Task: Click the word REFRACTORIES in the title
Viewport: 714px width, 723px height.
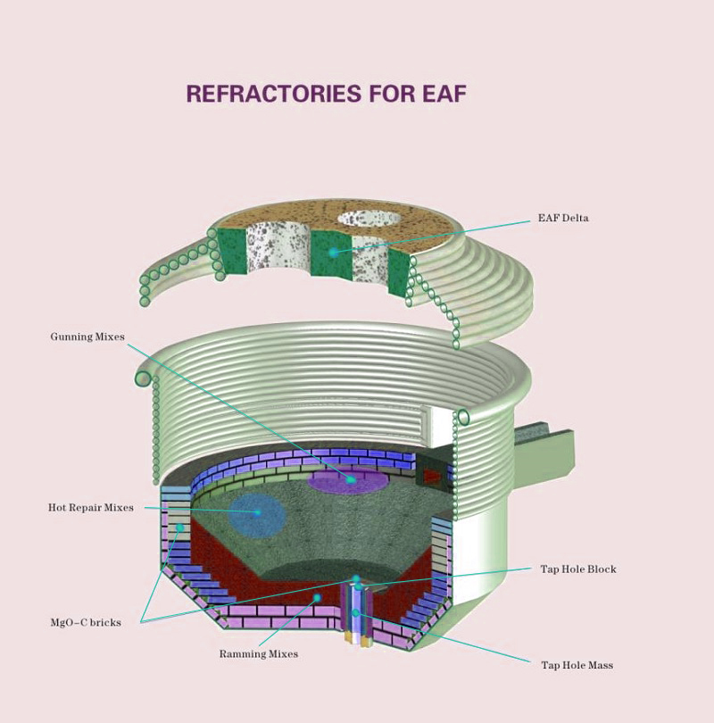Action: [x=274, y=94]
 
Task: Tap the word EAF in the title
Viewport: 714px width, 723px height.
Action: [x=444, y=94]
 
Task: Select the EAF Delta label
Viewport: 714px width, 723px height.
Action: [x=563, y=218]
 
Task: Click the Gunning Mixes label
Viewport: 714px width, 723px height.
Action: [x=87, y=337]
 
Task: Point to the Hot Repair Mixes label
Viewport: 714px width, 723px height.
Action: [x=91, y=508]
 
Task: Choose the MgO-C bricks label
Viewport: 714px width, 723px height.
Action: [x=86, y=622]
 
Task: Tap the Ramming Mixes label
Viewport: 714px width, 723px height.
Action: [x=259, y=654]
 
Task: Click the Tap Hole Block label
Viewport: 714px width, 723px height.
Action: [x=578, y=569]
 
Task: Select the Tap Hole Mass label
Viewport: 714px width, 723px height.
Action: [x=577, y=665]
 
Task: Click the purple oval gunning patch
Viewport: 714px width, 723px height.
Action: [x=348, y=481]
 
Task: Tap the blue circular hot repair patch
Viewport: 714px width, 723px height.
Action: [x=257, y=514]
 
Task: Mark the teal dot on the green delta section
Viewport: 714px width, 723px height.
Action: [x=333, y=253]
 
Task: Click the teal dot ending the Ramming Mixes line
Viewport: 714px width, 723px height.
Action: [x=317, y=598]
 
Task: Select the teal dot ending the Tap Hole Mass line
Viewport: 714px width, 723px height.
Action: [x=356, y=613]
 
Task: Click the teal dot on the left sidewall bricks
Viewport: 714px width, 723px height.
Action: [x=180, y=528]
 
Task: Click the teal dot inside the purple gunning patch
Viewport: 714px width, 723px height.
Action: [x=352, y=480]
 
